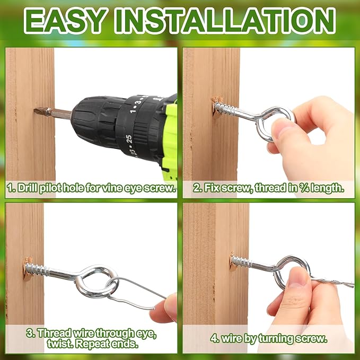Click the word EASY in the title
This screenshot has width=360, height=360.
(x=65, y=21)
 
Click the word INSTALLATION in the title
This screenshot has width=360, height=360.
(x=225, y=21)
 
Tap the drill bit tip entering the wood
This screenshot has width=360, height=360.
(x=36, y=111)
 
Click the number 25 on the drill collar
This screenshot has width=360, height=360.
(x=128, y=139)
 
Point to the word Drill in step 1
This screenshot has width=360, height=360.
(x=28, y=188)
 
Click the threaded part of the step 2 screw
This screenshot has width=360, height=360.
(x=224, y=108)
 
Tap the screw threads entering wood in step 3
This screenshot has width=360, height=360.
(x=37, y=269)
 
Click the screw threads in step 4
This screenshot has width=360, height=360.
(x=241, y=261)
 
